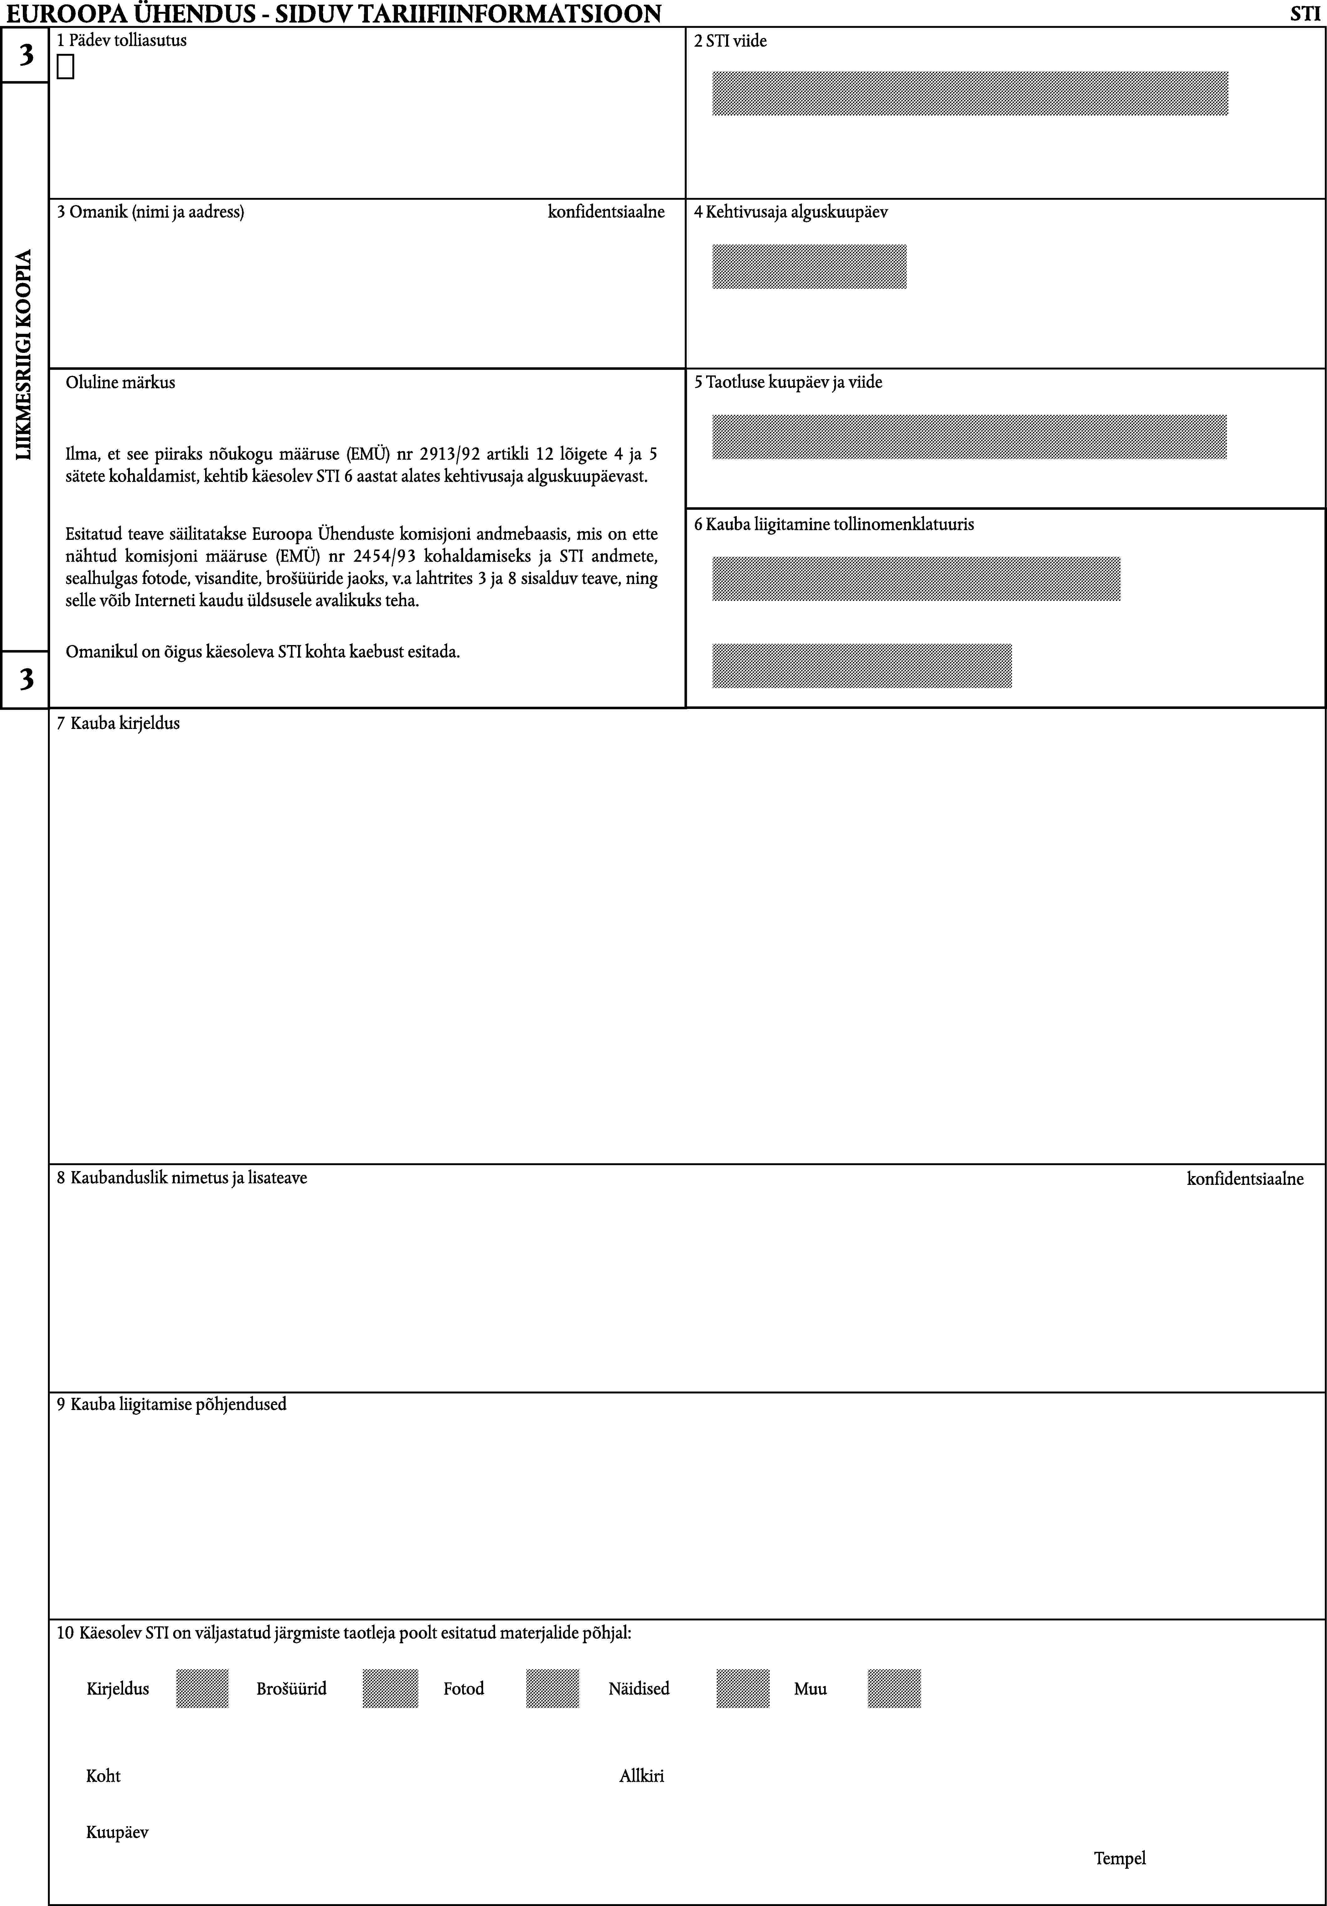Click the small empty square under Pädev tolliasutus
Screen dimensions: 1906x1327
[65, 67]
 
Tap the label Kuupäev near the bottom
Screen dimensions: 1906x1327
[117, 1832]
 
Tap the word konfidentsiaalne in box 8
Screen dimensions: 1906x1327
[1245, 1179]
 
